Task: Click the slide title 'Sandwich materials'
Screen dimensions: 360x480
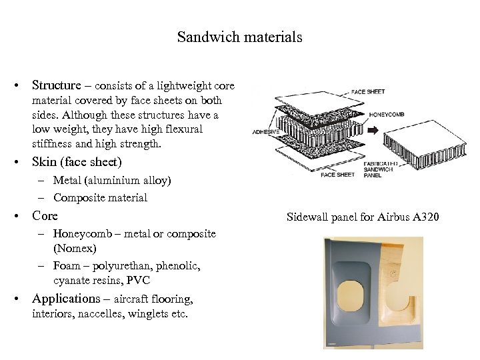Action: pos(239,37)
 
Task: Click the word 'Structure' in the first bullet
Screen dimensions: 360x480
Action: pos(57,85)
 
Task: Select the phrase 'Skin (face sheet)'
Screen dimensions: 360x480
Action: pos(77,162)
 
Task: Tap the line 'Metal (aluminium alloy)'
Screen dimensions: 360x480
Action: pos(112,180)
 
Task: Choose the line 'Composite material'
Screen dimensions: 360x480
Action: pos(100,197)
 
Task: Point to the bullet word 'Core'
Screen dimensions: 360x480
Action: pos(45,215)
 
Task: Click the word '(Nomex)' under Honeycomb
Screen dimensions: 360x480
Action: pos(75,248)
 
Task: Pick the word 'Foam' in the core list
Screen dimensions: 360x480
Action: pos(67,265)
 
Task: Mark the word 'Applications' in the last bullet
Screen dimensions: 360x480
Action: pos(65,298)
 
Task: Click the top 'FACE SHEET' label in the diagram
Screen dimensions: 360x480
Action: pos(367,91)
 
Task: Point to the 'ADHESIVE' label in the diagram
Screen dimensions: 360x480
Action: pos(265,132)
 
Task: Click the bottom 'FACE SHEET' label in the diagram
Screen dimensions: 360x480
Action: pos(337,175)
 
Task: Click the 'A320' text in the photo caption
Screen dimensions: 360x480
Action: pos(425,217)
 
